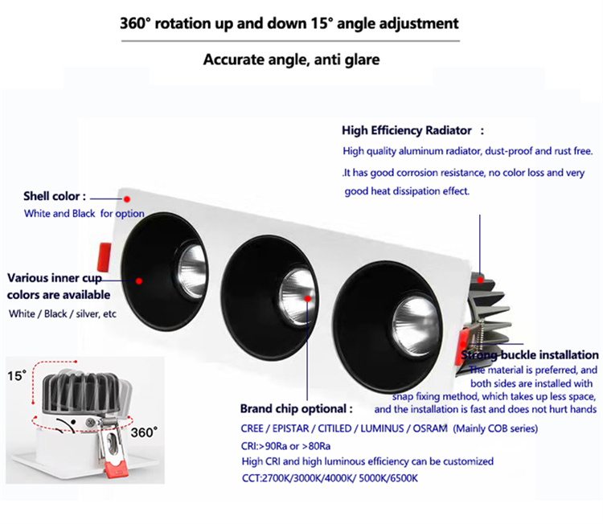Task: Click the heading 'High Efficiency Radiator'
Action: [x=407, y=131]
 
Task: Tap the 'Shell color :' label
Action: [x=54, y=196]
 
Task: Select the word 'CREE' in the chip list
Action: [x=252, y=428]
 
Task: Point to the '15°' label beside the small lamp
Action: [x=17, y=375]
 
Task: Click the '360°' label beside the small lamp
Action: [x=144, y=432]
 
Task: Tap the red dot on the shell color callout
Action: [x=127, y=199]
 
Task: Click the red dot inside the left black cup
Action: [x=139, y=281]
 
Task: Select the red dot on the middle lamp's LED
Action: [x=308, y=299]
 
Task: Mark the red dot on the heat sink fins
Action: [x=480, y=280]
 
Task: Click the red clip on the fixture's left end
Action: [x=104, y=256]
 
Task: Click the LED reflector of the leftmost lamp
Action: [x=192, y=271]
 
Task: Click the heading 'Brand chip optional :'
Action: [x=296, y=408]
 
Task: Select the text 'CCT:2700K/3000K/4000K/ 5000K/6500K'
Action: [x=330, y=478]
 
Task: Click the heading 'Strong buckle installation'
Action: [x=530, y=354]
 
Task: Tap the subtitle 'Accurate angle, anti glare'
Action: [x=292, y=59]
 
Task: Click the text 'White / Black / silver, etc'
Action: [x=62, y=313]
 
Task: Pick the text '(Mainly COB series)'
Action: [x=495, y=428]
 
